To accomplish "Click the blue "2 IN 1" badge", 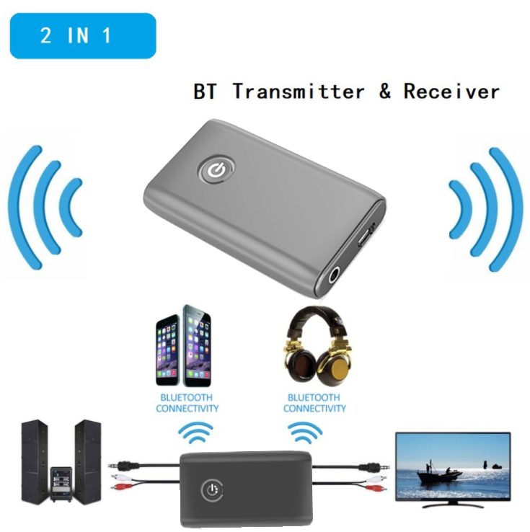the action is click(82, 35).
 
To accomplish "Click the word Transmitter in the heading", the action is click(299, 92).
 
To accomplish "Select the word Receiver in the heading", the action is click(451, 92).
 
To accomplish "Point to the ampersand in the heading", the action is click(384, 92).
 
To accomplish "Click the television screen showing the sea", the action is click(453, 465).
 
